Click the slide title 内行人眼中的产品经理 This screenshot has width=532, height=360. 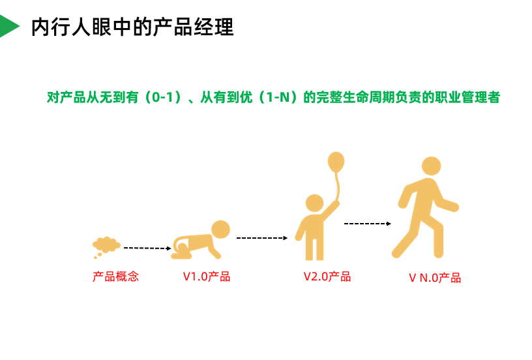point(132,27)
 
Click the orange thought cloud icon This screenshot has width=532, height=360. point(106,245)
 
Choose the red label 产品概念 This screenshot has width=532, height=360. point(115,277)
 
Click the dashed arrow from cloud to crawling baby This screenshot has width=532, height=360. point(147,248)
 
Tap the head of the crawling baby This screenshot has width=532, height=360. point(220,230)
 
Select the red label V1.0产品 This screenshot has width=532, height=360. point(206,277)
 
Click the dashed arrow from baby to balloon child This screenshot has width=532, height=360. point(261,238)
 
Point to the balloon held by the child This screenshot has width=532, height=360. point(336,162)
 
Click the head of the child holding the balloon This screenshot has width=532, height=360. point(314,203)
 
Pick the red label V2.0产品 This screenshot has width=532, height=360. point(327,277)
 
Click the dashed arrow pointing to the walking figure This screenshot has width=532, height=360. point(367,224)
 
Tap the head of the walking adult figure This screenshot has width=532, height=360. point(431,166)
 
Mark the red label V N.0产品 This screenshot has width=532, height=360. point(435,278)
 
